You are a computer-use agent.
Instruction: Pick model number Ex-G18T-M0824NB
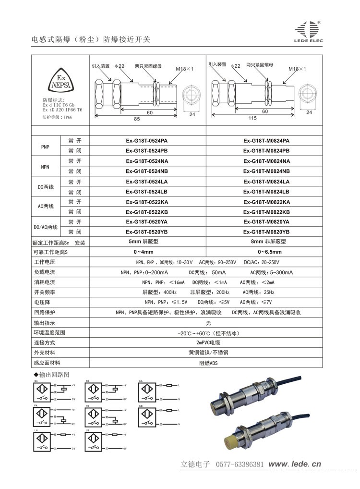tap(266, 171)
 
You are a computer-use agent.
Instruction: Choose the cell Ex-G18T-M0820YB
tap(266, 232)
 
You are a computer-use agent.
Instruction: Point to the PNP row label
tap(46, 146)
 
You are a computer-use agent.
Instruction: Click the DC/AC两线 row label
tap(46, 227)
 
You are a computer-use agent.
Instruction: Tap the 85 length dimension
tap(137, 119)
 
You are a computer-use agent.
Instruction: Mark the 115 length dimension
tap(252, 119)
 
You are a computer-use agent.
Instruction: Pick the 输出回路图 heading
tap(53, 374)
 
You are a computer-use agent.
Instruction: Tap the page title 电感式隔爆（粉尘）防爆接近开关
tap(91, 40)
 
